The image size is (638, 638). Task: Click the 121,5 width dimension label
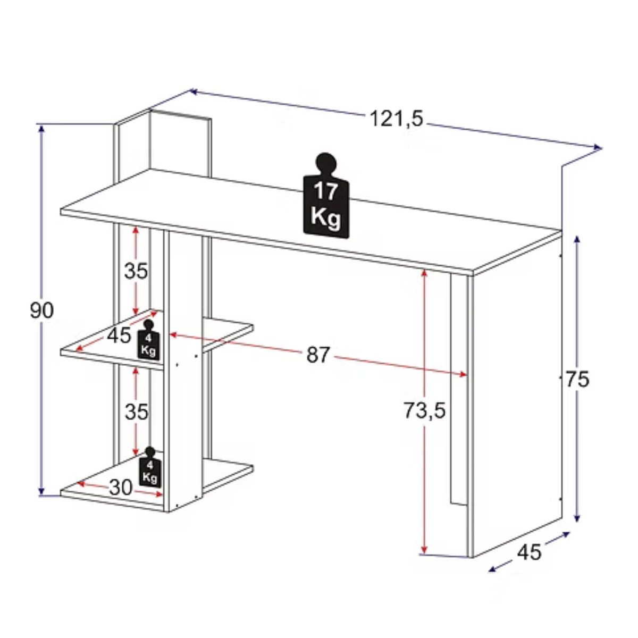[x=396, y=119]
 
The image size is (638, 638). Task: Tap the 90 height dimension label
[x=41, y=310]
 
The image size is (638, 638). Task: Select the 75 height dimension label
[x=577, y=380]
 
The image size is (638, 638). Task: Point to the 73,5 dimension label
[x=425, y=411]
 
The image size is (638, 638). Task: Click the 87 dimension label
[x=318, y=355]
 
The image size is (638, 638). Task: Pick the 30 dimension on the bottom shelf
[x=121, y=488]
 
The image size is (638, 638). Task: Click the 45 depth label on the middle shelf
[x=119, y=335]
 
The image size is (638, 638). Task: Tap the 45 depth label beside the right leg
[x=529, y=552]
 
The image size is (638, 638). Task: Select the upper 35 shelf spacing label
[x=136, y=271]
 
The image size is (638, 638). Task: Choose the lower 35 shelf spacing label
[x=137, y=412]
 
